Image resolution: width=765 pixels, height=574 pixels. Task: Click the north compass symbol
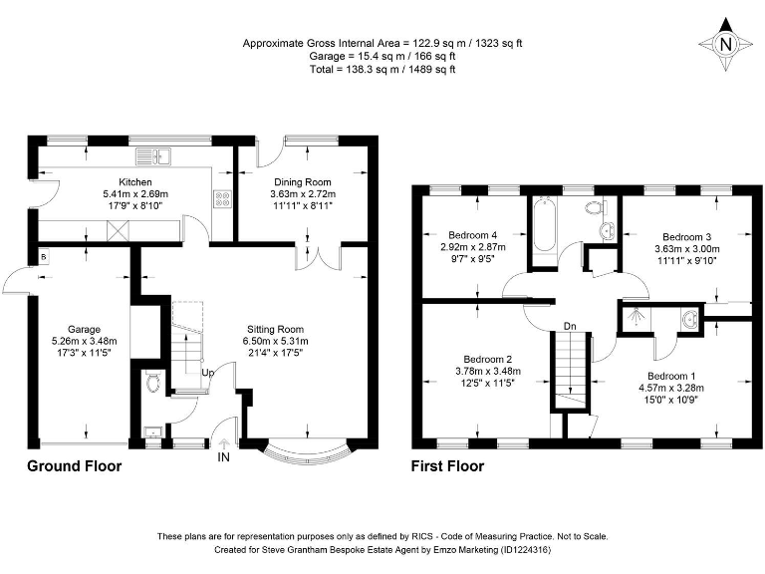click(725, 44)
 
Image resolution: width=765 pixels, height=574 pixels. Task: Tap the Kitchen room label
click(135, 182)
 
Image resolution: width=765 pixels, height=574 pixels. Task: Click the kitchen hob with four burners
click(222, 198)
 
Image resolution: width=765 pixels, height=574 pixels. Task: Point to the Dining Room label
click(304, 182)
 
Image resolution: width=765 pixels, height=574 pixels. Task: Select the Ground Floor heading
click(74, 465)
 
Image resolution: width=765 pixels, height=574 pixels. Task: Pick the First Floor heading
click(447, 465)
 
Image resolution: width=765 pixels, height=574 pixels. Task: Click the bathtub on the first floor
click(543, 227)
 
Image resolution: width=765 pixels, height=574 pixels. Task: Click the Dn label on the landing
click(570, 326)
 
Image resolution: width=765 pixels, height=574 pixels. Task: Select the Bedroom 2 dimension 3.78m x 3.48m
click(488, 372)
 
